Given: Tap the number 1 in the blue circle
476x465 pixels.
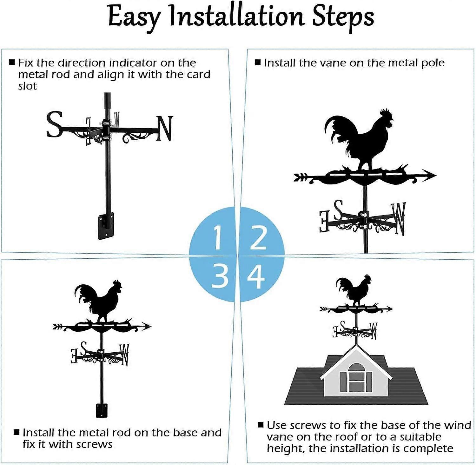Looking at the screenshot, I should (217, 237).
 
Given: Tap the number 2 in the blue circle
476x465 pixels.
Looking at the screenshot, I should (258, 237).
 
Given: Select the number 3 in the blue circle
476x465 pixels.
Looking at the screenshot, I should (220, 276).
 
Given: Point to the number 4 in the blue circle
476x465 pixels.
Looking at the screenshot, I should (256, 277).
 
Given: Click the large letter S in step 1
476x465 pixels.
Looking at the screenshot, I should (54, 124).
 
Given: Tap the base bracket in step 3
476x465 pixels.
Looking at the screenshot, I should (102, 410).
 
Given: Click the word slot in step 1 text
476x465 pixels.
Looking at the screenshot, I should (27, 86).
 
